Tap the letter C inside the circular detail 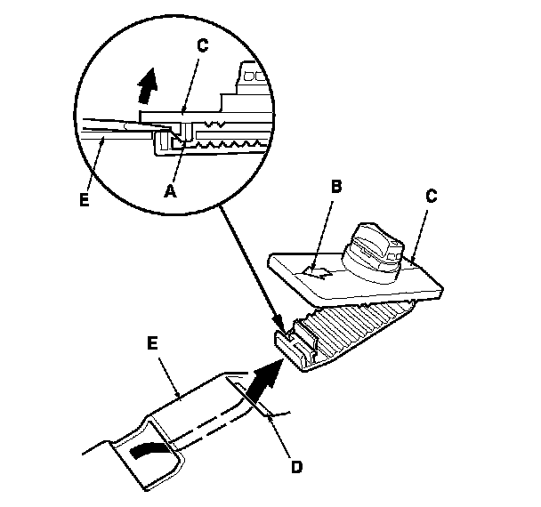point(203,46)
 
